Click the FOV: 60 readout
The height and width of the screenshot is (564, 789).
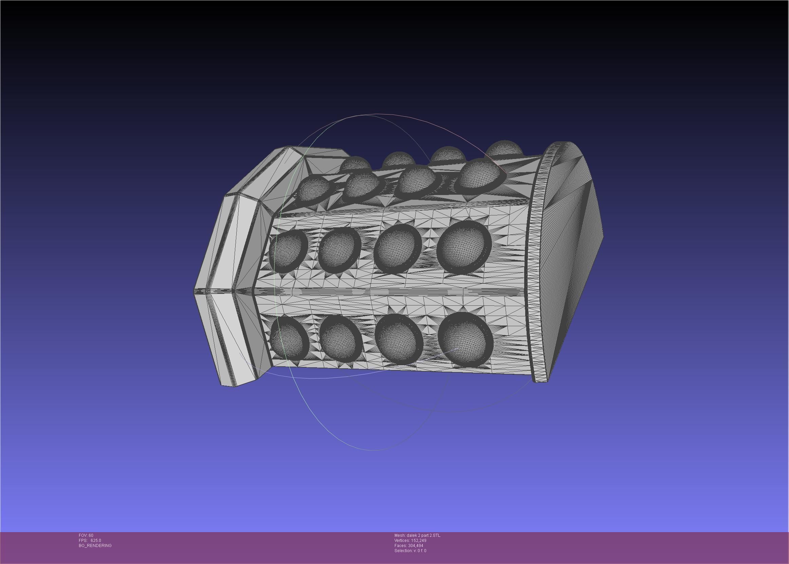[86, 535]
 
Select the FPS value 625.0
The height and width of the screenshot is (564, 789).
[95, 540]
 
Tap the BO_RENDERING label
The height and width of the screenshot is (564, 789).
[95, 546]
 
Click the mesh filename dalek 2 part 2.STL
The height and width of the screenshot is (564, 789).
[417, 535]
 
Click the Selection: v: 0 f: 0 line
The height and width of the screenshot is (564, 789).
[410, 550]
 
